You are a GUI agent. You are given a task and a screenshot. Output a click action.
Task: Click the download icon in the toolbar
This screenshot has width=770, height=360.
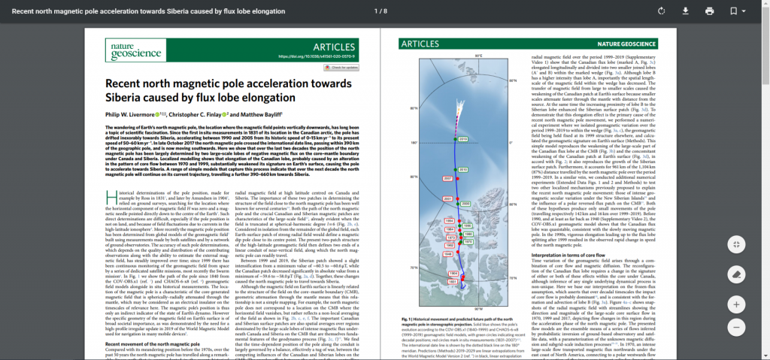685,11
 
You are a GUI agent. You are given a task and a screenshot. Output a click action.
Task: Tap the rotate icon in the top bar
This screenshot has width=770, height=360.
660,11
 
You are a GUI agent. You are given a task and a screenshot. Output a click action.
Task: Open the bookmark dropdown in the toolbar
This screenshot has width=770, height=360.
737,11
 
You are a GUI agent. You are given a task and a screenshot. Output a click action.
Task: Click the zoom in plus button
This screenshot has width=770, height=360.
737,304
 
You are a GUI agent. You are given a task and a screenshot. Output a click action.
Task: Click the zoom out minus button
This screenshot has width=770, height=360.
737,328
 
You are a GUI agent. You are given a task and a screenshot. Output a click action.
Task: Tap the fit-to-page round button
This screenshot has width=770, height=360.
737,244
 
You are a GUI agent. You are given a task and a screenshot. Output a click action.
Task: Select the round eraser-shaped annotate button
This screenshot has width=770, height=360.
737,274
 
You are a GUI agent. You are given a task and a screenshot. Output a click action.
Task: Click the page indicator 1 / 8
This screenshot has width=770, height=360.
380,11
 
